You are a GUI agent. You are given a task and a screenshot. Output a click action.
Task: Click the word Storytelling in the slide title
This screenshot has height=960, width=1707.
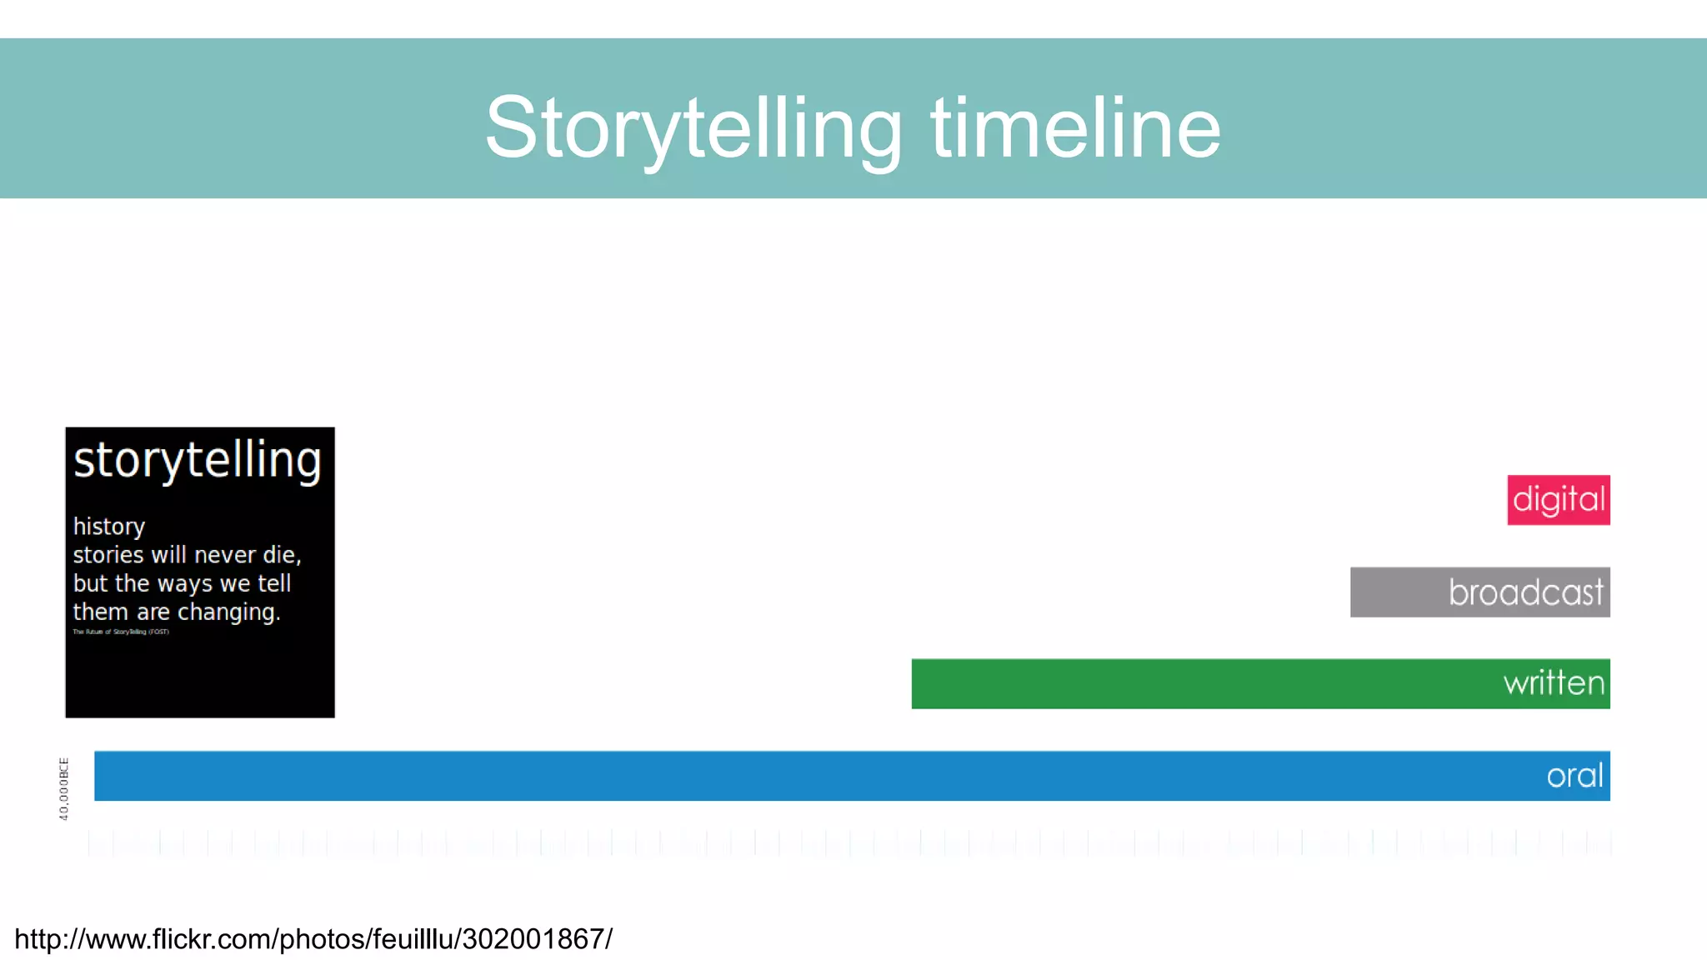coord(693,128)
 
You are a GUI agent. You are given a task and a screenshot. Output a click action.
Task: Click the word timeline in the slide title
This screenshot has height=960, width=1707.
coord(1075,128)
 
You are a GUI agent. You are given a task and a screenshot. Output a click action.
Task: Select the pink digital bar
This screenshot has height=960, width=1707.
coord(1558,500)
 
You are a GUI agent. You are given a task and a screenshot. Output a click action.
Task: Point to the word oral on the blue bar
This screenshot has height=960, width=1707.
coord(1574,776)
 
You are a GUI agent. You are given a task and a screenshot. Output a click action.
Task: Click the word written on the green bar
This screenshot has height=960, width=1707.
coord(1554,683)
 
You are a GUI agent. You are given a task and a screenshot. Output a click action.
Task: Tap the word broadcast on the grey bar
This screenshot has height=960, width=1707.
coord(1525,592)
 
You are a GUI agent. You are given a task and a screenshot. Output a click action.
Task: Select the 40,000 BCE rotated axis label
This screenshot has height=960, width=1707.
coord(64,788)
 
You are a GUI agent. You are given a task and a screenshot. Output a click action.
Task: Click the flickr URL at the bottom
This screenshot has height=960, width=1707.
coord(313,939)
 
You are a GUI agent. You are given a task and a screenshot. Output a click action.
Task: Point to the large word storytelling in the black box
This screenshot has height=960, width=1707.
coord(198,460)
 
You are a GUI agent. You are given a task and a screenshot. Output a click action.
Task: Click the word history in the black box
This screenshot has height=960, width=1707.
coord(109,527)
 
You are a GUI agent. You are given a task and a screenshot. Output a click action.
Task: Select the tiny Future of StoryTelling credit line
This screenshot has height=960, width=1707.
coord(121,632)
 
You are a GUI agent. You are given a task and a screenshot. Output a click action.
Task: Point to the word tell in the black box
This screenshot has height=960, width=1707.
coord(274,583)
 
